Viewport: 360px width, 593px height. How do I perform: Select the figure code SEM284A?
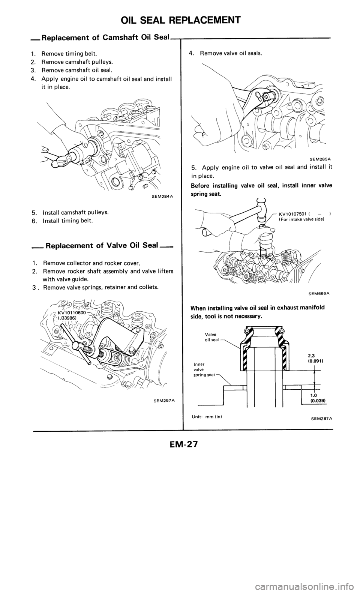click(x=162, y=195)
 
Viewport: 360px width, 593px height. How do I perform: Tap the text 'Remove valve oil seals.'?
click(x=231, y=53)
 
